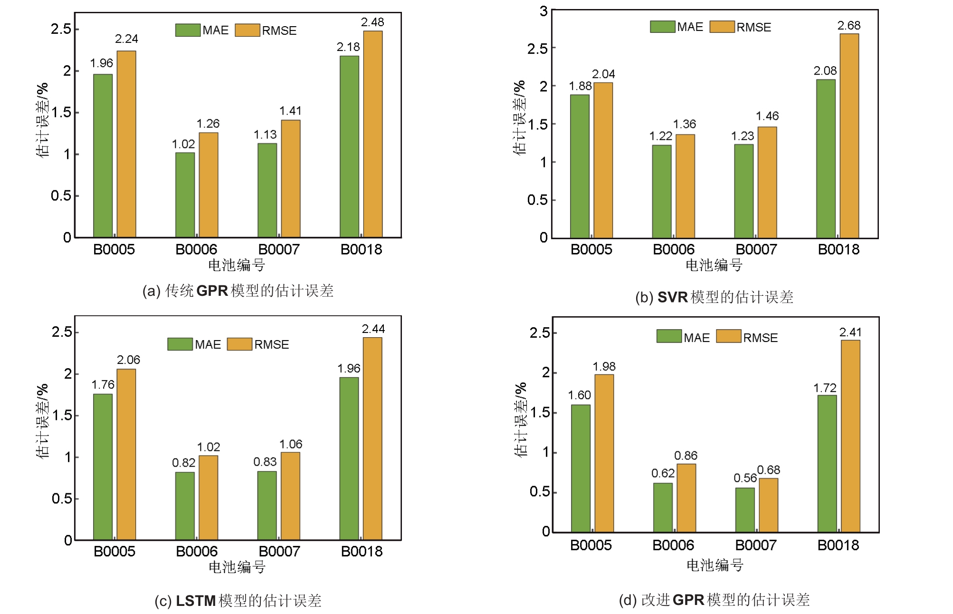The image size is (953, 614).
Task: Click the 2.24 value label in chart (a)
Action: [126, 39]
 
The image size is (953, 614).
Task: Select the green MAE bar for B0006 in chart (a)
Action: [185, 195]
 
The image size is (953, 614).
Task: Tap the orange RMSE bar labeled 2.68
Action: [849, 136]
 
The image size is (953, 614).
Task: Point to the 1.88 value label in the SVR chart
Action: [580, 86]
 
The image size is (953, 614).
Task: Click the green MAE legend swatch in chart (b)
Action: [662, 27]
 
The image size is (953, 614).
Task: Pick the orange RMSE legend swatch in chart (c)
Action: [239, 344]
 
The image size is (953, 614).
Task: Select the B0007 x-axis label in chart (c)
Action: [279, 551]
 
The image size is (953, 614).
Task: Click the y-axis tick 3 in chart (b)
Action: [543, 11]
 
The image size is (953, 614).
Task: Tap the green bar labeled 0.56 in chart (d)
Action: [745, 509]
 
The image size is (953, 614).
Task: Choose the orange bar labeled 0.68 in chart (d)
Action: [768, 505]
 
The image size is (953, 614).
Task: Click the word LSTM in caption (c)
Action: [196, 601]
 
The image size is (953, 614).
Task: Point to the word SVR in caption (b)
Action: [672, 297]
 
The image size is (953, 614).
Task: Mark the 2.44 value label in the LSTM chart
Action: [373, 329]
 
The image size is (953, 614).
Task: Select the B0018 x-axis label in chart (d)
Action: [838, 545]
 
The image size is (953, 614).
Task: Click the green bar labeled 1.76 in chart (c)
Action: [103, 467]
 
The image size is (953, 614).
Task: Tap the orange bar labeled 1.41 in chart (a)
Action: [290, 178]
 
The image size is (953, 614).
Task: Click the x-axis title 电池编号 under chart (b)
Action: [714, 265]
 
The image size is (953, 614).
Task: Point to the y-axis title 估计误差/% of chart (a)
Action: [42, 120]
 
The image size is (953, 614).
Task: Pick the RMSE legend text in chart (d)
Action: [760, 338]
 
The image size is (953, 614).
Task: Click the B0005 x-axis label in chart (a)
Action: [114, 249]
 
